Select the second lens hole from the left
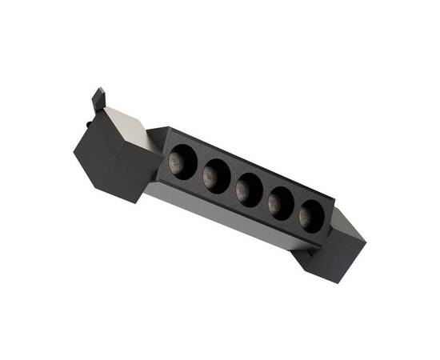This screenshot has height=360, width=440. (217, 174)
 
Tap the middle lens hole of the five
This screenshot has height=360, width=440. (250, 188)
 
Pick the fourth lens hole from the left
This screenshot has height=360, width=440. (282, 201)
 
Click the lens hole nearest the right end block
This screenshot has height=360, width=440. (313, 214)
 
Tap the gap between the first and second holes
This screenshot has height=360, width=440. (200, 169)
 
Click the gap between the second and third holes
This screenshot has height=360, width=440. (233, 182)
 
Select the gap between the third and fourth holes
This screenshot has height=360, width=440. (266, 196)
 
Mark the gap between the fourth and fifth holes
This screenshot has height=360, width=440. (298, 209)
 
